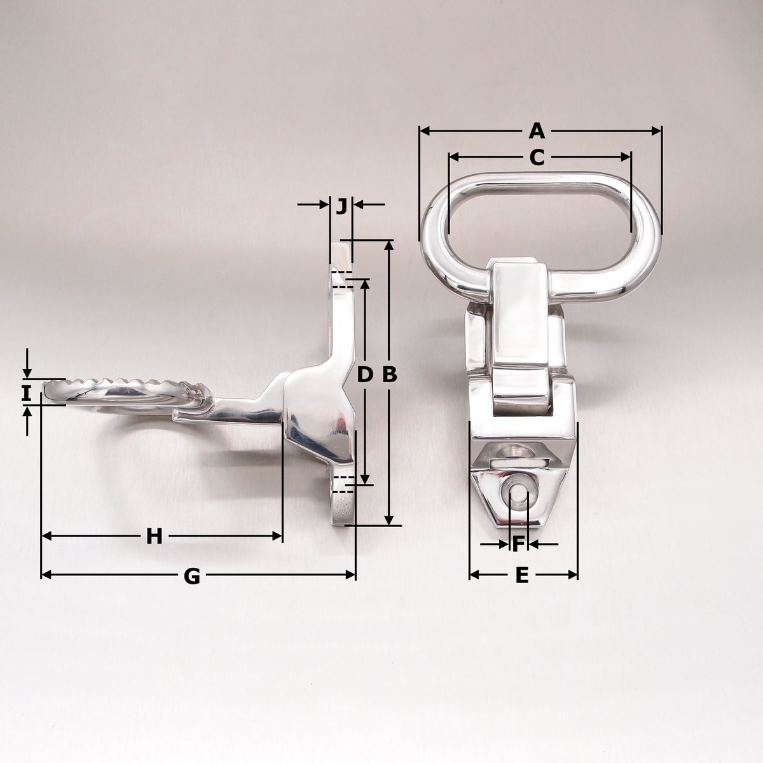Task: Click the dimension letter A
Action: (537, 131)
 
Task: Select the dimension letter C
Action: (537, 157)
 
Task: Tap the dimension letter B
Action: (390, 374)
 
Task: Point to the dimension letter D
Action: (365, 374)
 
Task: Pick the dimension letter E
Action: (522, 575)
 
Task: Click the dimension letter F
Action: (518, 544)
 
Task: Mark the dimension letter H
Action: (155, 537)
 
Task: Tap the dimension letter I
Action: (26, 394)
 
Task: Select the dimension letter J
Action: (341, 206)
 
